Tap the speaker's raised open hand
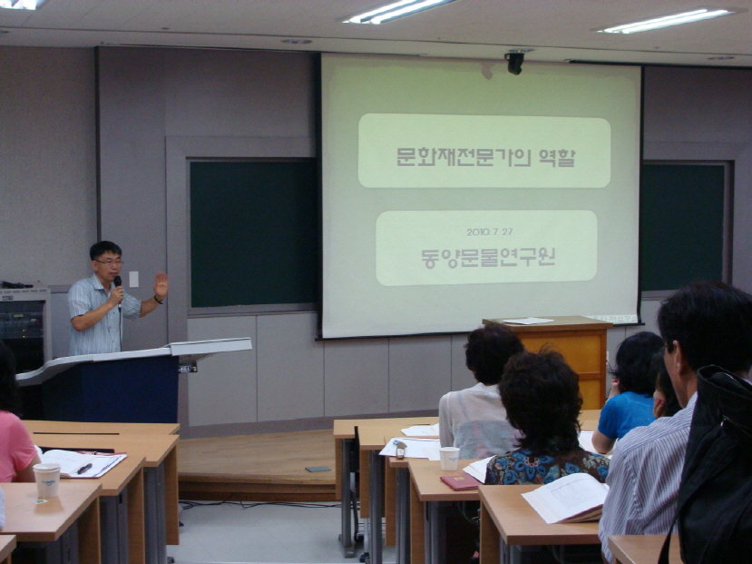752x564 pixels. (161, 285)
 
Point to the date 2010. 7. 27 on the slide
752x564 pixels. (489, 232)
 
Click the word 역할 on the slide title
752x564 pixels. (556, 157)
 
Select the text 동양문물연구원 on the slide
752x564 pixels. (488, 258)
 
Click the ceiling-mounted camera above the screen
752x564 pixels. (514, 63)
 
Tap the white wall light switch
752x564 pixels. (134, 279)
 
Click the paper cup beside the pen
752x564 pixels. (47, 480)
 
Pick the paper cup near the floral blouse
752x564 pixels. (449, 459)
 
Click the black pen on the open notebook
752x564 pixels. (84, 469)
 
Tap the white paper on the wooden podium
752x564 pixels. (528, 321)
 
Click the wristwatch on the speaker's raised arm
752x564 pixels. (158, 301)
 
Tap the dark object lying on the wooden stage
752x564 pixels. (318, 469)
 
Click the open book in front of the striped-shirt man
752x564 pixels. (566, 498)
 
